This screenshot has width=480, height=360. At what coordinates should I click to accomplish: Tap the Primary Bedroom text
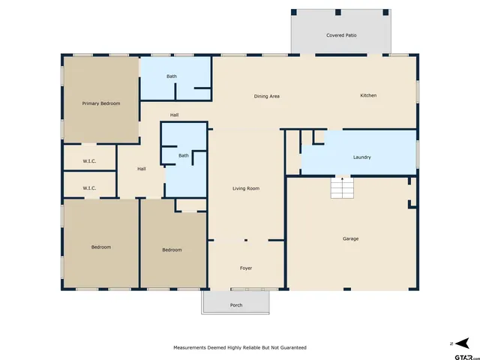(x=101, y=103)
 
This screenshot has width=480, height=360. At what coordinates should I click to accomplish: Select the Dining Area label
(x=266, y=96)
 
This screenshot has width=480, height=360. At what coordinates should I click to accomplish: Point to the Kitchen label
(x=368, y=95)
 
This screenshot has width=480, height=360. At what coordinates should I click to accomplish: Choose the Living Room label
(x=246, y=188)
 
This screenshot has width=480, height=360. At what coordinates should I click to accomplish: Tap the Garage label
(x=350, y=238)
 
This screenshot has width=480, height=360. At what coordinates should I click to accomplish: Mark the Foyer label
(x=246, y=268)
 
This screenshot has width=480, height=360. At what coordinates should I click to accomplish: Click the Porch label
(x=236, y=305)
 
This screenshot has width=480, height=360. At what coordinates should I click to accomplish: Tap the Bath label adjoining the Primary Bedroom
(x=172, y=76)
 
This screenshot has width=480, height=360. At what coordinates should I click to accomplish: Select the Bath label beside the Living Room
(x=184, y=156)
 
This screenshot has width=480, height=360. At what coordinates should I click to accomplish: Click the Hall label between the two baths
(x=174, y=115)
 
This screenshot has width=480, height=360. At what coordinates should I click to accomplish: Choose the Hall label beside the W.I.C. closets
(x=141, y=169)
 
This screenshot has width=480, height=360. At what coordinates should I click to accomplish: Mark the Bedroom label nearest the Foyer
(x=172, y=250)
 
